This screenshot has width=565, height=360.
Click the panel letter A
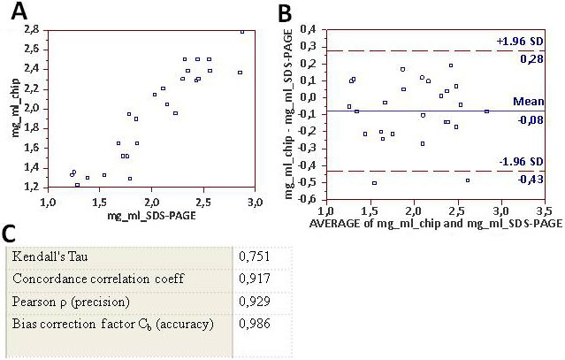point(16,13)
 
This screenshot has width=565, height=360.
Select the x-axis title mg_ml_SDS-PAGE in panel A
point(151,215)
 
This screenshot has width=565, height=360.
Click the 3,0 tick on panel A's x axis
point(255,202)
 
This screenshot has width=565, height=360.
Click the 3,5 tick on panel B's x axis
point(544,212)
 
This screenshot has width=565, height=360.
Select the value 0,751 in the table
point(255,257)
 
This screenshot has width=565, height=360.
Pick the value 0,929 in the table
point(255,303)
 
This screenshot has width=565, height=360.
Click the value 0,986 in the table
point(255,326)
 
